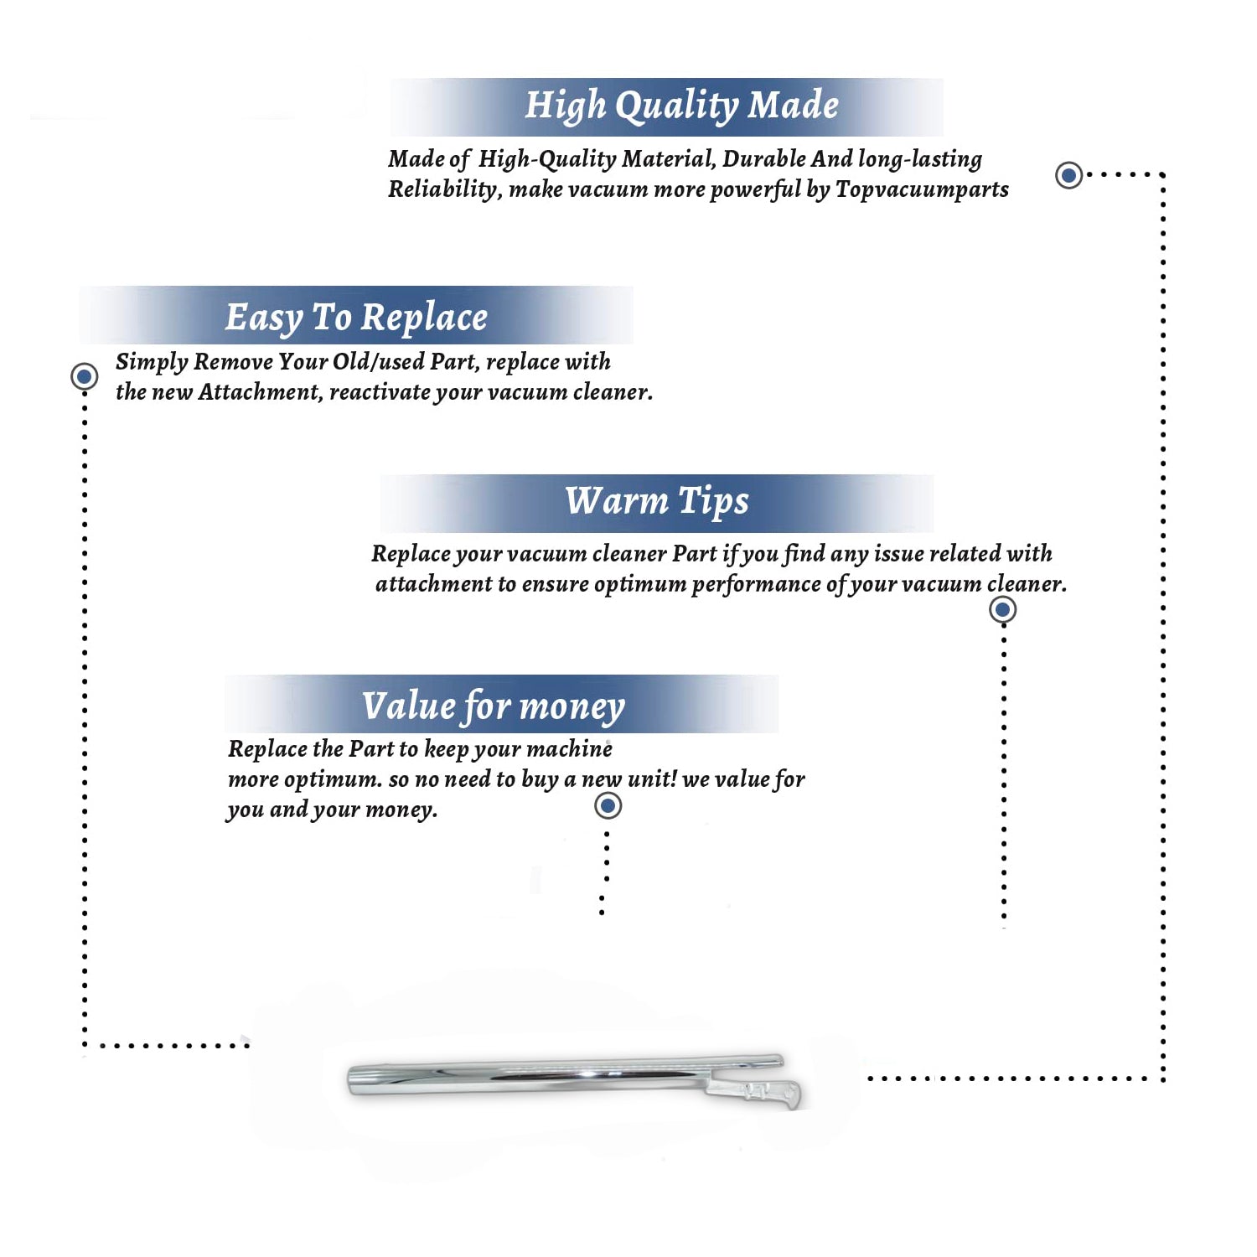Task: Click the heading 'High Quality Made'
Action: click(681, 106)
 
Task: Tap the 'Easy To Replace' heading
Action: click(356, 318)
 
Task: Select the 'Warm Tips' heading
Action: click(657, 502)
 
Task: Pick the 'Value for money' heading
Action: click(494, 706)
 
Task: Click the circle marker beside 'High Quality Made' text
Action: click(1068, 175)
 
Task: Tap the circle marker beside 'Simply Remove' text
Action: click(84, 376)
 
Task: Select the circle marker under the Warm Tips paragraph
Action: click(1002, 609)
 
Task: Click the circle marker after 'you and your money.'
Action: click(608, 806)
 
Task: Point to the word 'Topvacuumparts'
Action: click(922, 190)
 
